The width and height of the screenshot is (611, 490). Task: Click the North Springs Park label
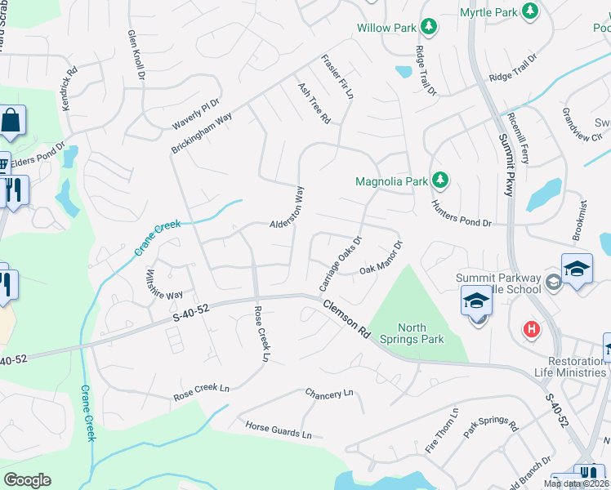pyautogui.click(x=413, y=333)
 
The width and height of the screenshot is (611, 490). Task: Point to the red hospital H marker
pyautogui.click(x=531, y=330)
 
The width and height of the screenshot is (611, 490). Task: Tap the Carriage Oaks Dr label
pyautogui.click(x=340, y=264)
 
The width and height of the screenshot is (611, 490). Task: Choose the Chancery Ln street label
pyautogui.click(x=329, y=394)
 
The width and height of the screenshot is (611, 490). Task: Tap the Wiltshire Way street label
pyautogui.click(x=163, y=283)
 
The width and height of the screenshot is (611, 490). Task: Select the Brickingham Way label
pyautogui.click(x=202, y=133)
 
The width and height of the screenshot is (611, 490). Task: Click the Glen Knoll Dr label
pyautogui.click(x=136, y=55)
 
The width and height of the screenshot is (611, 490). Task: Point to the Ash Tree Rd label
pyautogui.click(x=314, y=103)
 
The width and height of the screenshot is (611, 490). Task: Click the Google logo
pyautogui.click(x=28, y=480)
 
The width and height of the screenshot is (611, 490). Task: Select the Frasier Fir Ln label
pyautogui.click(x=337, y=77)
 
